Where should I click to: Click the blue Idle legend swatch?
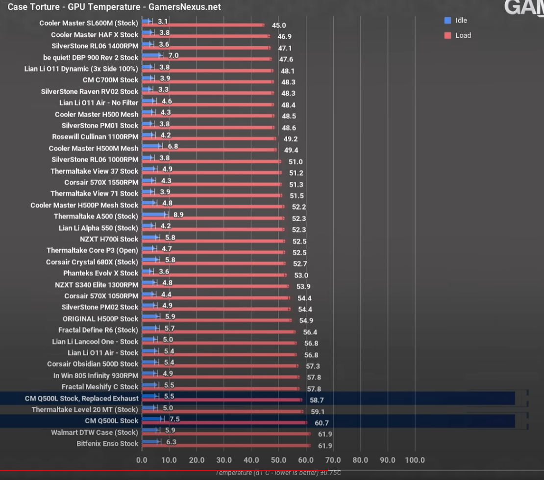(x=447, y=21)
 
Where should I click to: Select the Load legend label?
(x=463, y=35)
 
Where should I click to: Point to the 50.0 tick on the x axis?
(x=278, y=460)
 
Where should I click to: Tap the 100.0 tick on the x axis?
(x=415, y=460)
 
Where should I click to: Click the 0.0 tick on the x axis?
(x=142, y=460)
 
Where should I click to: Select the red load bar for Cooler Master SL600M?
(x=202, y=25)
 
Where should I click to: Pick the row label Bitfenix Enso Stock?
(x=107, y=444)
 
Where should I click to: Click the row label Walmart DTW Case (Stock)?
(x=95, y=432)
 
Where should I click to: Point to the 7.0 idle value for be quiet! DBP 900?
(x=173, y=55)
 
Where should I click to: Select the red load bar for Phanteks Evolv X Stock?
(x=214, y=275)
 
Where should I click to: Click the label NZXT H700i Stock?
(x=109, y=239)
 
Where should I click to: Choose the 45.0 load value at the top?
(x=279, y=26)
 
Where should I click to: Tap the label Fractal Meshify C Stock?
(x=100, y=387)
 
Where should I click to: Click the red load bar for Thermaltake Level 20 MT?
(x=222, y=411)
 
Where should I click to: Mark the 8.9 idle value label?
(x=178, y=214)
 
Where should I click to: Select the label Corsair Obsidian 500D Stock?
(x=93, y=364)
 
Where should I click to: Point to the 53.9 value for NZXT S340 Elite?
(x=302, y=287)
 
